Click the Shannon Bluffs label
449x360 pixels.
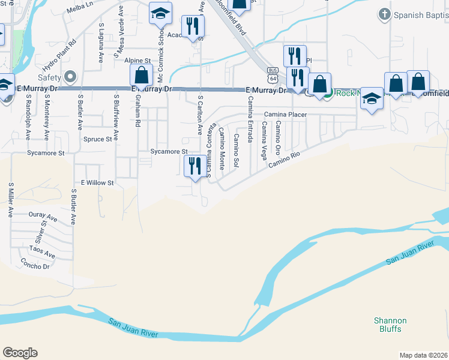click(390, 325)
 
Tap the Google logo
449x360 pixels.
click(20, 353)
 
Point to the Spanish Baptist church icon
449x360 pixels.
click(384, 13)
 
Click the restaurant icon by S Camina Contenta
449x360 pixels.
click(194, 165)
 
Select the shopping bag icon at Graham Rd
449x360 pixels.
click(142, 75)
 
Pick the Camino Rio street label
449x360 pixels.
click(283, 158)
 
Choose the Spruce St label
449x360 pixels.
click(97, 139)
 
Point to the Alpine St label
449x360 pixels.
click(137, 61)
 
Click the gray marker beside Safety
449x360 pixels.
click(71, 76)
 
